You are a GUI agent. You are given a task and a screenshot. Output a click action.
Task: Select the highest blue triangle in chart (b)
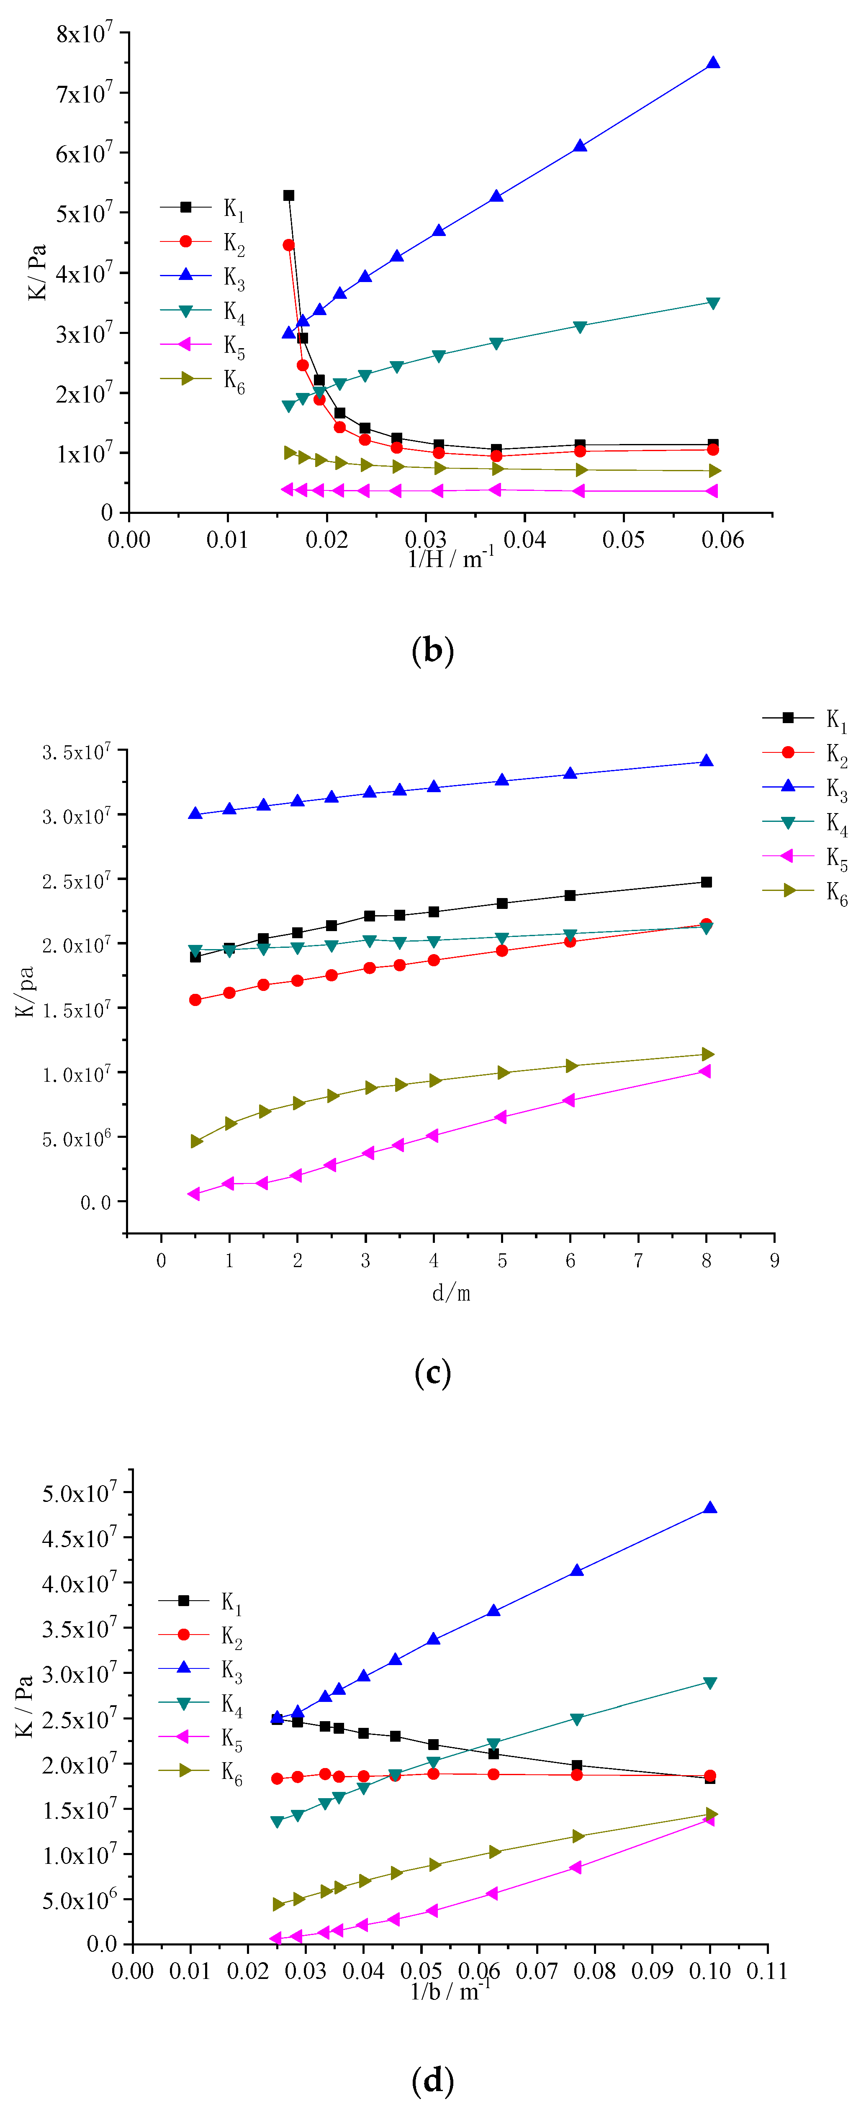point(713,63)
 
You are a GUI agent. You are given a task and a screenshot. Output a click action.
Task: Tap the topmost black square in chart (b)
point(288,195)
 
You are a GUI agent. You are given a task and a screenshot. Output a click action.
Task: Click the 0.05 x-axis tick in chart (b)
point(624,540)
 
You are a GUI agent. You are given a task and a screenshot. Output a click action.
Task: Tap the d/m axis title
point(451,1293)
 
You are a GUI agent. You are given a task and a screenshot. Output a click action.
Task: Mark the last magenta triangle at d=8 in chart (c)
point(705,1072)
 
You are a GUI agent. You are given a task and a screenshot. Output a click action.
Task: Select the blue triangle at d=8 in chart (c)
point(706,762)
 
